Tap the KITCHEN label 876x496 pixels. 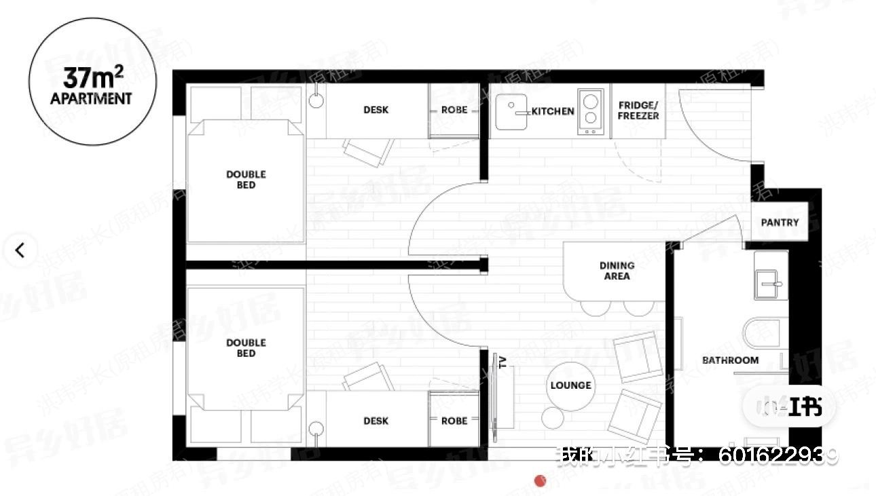pyautogui.click(x=553, y=111)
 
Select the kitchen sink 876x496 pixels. pyautogui.click(x=512, y=112)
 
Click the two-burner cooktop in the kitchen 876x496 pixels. pyautogui.click(x=590, y=112)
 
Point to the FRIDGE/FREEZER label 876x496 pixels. pyautogui.click(x=638, y=111)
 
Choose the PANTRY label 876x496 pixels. pyautogui.click(x=780, y=223)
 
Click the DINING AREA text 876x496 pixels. pyautogui.click(x=617, y=271)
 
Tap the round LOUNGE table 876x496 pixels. pyautogui.click(x=570, y=385)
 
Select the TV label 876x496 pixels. pyautogui.click(x=503, y=361)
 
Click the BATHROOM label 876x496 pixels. pyautogui.click(x=730, y=360)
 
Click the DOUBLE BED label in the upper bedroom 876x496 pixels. pyautogui.click(x=246, y=180)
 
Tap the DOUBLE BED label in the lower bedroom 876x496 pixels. pyautogui.click(x=246, y=348)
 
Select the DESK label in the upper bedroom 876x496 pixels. pyautogui.click(x=376, y=110)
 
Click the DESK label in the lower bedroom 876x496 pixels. pyautogui.click(x=376, y=421)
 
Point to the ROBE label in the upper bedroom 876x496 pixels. pyautogui.click(x=454, y=110)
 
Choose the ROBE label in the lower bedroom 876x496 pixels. pyautogui.click(x=454, y=421)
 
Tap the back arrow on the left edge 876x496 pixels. pyautogui.click(x=20, y=250)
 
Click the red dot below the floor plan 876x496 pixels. pyautogui.click(x=541, y=481)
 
